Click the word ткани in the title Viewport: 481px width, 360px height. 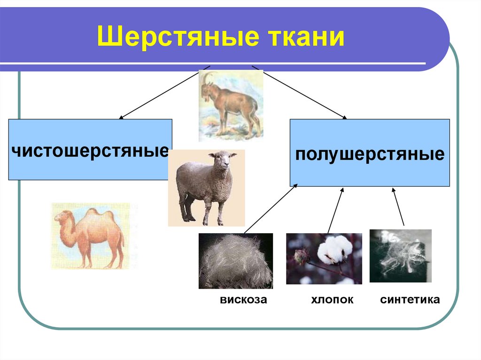click(x=307, y=37)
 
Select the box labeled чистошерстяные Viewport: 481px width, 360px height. click(x=90, y=149)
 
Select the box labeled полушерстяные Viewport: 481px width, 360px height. click(x=370, y=153)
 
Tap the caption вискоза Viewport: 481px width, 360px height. click(x=243, y=299)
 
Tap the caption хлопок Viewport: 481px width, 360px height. click(x=332, y=299)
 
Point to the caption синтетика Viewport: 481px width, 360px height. click(x=410, y=299)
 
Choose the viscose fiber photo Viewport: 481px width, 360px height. click(x=236, y=261)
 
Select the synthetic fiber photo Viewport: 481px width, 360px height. click(x=400, y=256)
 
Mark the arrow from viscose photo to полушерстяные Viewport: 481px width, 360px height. click(x=271, y=208)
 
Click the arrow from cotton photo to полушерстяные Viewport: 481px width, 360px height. click(x=335, y=211)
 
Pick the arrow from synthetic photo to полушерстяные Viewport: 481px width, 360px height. click(x=398, y=207)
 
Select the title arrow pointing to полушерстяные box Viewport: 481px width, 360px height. click(x=299, y=92)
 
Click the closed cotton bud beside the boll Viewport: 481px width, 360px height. click(x=299, y=257)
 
